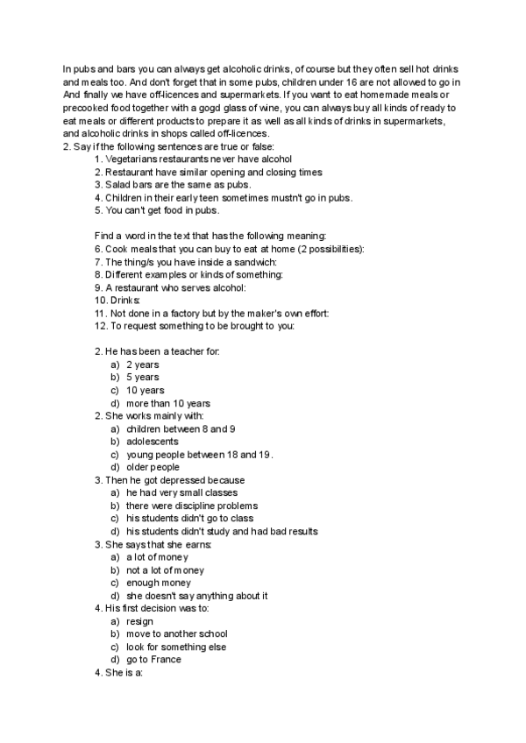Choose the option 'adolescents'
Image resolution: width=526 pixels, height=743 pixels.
click(152, 442)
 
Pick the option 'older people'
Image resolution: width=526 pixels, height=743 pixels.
click(153, 467)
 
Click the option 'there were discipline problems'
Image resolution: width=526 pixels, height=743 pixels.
click(192, 506)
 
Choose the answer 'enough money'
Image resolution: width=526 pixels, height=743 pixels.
click(158, 583)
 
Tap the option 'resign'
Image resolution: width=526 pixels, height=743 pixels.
click(140, 621)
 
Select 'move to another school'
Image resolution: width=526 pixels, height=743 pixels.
click(177, 633)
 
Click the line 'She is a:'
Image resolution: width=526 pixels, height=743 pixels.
click(124, 673)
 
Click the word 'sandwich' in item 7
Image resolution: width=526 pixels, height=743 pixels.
click(255, 262)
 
